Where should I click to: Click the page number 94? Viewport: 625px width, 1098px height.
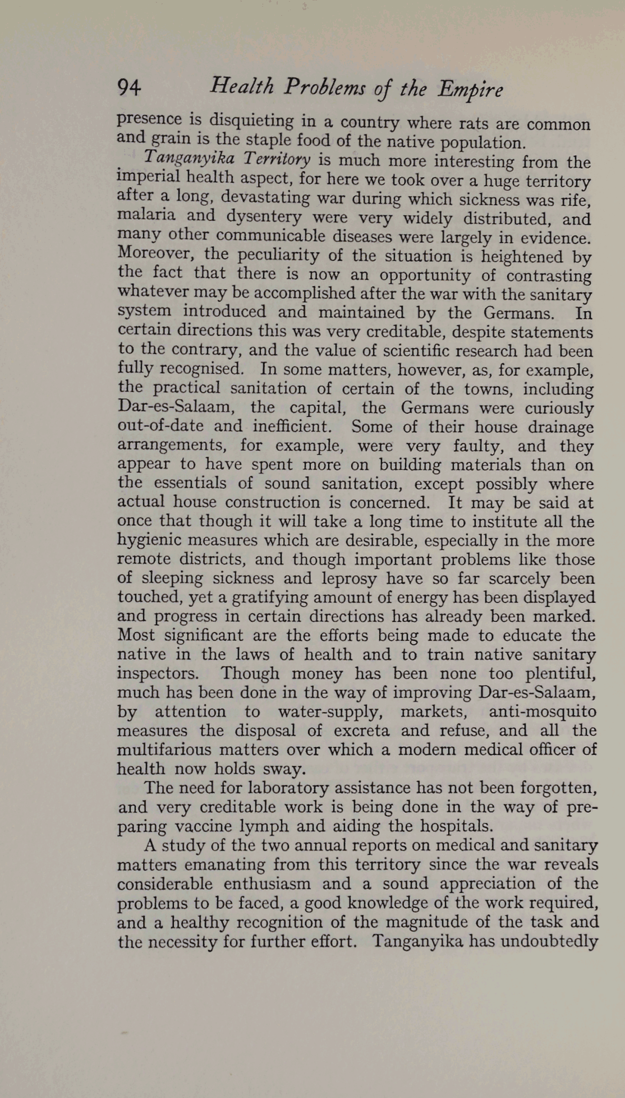point(129,87)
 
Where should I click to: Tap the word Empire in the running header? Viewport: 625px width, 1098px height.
point(470,89)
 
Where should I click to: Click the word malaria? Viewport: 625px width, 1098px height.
point(146,216)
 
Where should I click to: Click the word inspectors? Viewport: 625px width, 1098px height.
point(158,673)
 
